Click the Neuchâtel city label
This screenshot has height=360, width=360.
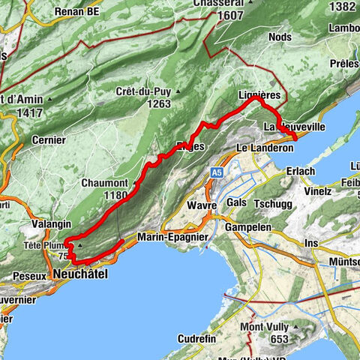coord(81,275)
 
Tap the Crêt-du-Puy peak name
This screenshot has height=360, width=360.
coord(143,91)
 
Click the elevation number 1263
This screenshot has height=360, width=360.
coord(154,105)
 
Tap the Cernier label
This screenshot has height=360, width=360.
coord(50,139)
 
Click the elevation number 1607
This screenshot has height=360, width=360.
coord(230,15)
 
